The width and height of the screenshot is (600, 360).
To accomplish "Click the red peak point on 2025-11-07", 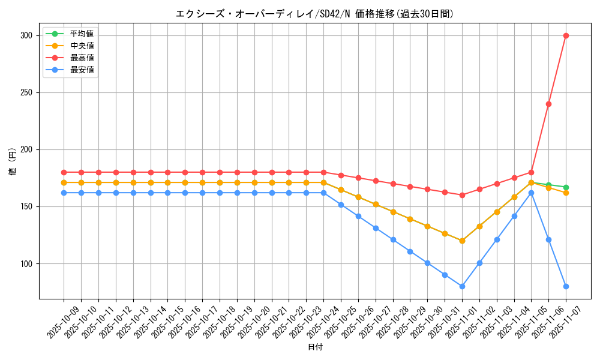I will [566, 35].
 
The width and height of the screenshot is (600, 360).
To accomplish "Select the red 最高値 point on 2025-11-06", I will [548, 104].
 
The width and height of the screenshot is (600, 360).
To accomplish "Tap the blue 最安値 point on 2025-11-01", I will [462, 286].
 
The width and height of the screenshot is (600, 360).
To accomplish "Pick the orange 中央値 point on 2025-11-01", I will [462, 241].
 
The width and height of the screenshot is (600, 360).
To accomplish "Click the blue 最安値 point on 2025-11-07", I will [566, 286].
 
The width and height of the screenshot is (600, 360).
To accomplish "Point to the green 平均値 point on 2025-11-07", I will [566, 187].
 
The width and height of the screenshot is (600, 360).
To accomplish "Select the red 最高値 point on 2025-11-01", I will [462, 195].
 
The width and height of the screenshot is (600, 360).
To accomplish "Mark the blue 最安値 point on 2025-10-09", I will [64, 193].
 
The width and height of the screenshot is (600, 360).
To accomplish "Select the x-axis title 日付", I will [314, 347].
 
